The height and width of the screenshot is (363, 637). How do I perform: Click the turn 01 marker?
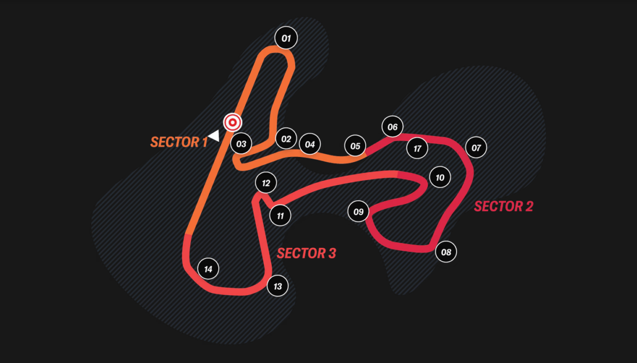(286, 38)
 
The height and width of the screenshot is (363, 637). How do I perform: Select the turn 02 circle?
(286, 139)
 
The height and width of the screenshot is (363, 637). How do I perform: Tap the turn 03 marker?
(241, 143)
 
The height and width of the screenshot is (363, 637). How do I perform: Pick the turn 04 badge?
(310, 144)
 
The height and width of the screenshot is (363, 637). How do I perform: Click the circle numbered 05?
(355, 145)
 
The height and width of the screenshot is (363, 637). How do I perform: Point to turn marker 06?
(392, 126)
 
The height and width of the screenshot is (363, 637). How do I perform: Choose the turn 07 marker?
(476, 147)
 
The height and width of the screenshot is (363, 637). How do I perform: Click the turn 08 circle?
(446, 252)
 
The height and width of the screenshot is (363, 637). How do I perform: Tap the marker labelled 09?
(358, 212)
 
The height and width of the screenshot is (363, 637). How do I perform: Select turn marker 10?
(440, 177)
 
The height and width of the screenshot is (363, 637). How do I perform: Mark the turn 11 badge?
(280, 216)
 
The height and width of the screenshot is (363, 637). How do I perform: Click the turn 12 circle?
(266, 183)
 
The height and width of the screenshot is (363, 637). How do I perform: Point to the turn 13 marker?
(278, 286)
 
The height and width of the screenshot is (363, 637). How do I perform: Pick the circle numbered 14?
(208, 269)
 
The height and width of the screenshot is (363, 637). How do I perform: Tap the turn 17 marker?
(417, 148)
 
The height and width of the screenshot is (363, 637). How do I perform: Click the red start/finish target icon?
(233, 123)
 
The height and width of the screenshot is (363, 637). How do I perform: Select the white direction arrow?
(214, 135)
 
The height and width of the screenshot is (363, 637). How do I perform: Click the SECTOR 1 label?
(179, 142)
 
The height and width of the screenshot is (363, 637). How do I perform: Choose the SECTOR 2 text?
(503, 206)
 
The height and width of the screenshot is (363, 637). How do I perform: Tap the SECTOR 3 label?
(307, 253)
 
